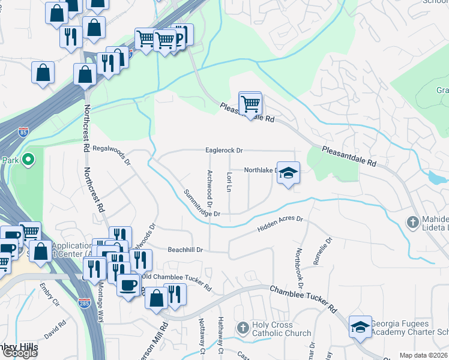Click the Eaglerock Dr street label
click(224, 151)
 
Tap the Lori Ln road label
click(229, 181)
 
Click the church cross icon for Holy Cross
click(243, 328)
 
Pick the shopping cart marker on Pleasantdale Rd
click(250, 104)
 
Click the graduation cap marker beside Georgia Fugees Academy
click(360, 327)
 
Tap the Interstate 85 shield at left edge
click(23, 130)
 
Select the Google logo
click(19, 353)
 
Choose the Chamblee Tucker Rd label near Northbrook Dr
click(304, 298)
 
